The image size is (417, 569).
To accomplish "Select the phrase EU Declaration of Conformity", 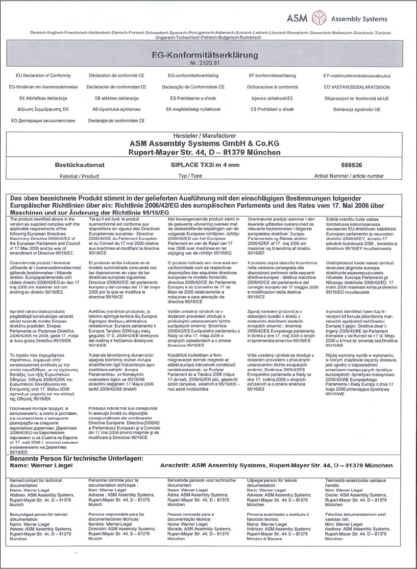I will (43, 76).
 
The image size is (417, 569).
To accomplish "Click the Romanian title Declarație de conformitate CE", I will (116, 120).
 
